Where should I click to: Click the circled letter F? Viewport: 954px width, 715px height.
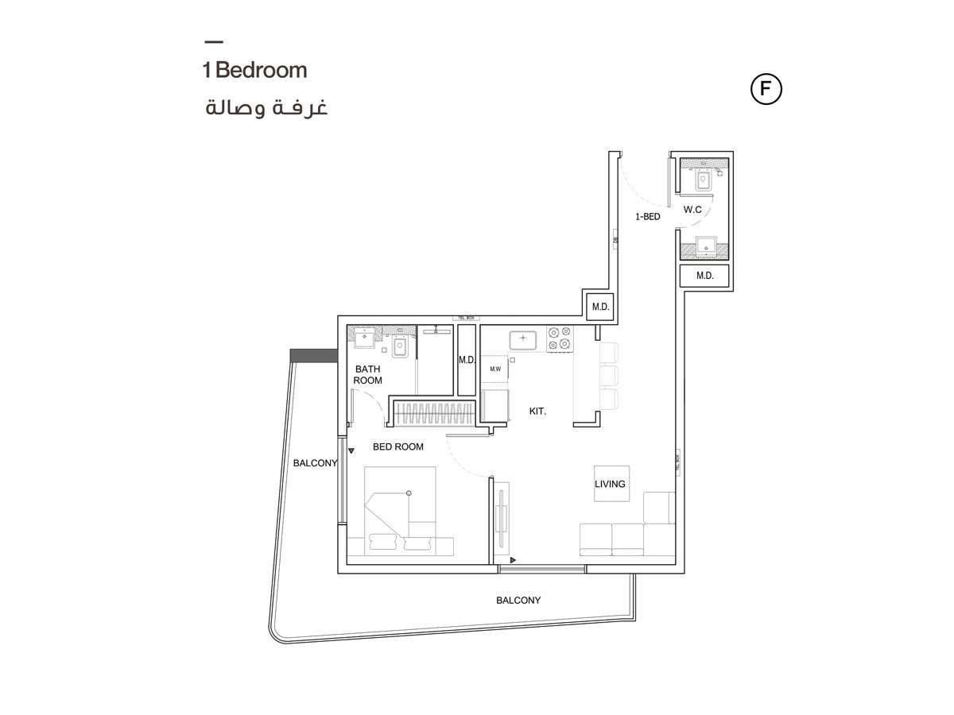(x=766, y=89)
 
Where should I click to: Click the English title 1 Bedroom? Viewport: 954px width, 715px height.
(x=254, y=70)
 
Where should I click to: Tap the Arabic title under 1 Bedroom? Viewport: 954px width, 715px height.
(x=266, y=108)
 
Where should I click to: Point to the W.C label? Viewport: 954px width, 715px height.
(x=692, y=210)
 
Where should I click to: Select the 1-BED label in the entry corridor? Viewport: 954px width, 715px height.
(x=647, y=216)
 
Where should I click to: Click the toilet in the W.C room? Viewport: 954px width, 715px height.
(x=704, y=181)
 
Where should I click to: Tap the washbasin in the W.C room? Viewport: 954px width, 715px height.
(x=704, y=245)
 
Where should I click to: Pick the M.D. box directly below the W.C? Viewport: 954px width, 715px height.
(x=704, y=276)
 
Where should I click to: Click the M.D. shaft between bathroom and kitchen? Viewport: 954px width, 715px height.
(x=467, y=360)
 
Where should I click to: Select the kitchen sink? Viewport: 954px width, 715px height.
(x=522, y=340)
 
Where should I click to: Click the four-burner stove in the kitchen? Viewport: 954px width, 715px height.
(x=559, y=338)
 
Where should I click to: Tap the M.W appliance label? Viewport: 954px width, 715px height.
(x=494, y=369)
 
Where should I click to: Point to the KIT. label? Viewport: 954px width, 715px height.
(x=538, y=412)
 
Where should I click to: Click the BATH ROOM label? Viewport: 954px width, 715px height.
(x=368, y=374)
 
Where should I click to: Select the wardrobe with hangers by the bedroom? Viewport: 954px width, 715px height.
(x=436, y=413)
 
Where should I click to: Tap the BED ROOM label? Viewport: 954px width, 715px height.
(x=397, y=447)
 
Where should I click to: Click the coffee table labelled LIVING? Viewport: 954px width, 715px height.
(x=611, y=483)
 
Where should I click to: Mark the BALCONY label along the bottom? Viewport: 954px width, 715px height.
(x=518, y=601)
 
